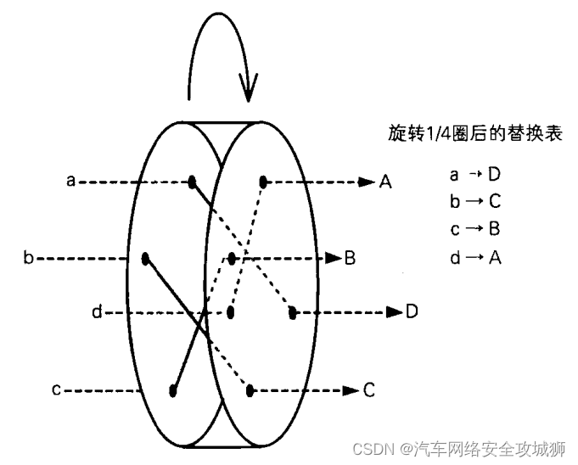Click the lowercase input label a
pyautogui.click(x=71, y=180)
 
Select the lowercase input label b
pyautogui.click(x=28, y=256)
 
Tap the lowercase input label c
pyautogui.click(x=55, y=390)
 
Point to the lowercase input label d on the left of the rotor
pyautogui.click(x=97, y=313)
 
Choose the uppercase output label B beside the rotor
pyautogui.click(x=349, y=256)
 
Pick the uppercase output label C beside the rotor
pyautogui.click(x=368, y=390)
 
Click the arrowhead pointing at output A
pyautogui.click(x=367, y=181)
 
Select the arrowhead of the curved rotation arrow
pyautogui.click(x=249, y=85)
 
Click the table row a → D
pyautogui.click(x=475, y=174)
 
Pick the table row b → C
pyautogui.click(x=475, y=202)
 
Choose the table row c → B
pyautogui.click(x=475, y=229)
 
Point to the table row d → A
pyautogui.click(x=475, y=257)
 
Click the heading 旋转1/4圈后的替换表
pyautogui.click(x=474, y=133)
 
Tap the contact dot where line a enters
pyautogui.click(x=193, y=181)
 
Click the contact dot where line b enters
pyautogui.click(x=146, y=256)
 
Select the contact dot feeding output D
pyautogui.click(x=292, y=312)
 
